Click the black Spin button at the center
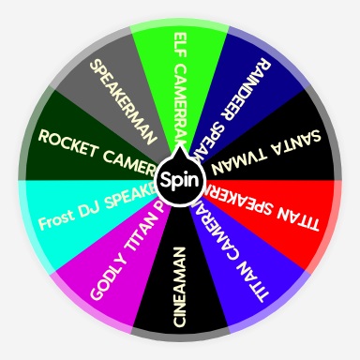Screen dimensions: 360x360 (179, 178)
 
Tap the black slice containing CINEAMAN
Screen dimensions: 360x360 (179, 291)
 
